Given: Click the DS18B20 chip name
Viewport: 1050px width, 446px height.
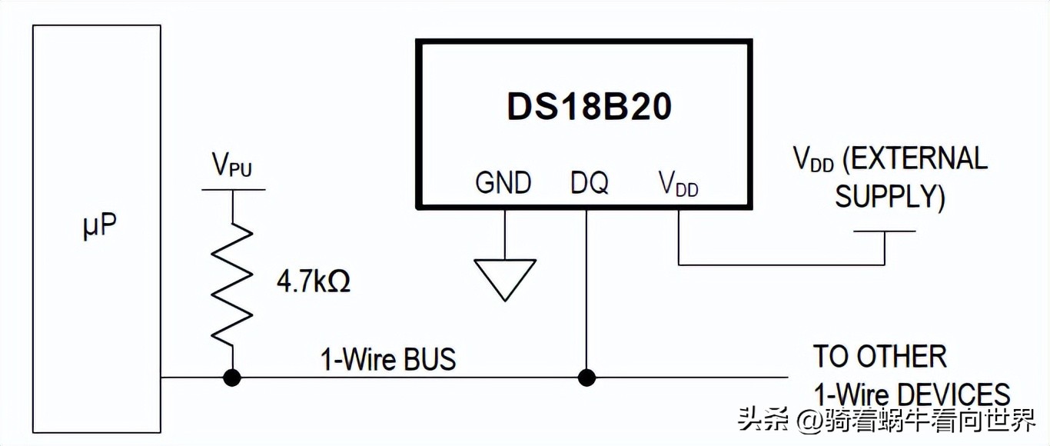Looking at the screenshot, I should [590, 107].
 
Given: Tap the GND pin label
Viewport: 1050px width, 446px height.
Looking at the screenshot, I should [503, 183].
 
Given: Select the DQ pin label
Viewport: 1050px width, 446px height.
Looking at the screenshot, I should [590, 183].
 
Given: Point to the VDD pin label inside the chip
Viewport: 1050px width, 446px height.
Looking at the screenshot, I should [678, 183].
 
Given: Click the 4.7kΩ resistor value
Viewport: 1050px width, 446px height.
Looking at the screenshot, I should [314, 282].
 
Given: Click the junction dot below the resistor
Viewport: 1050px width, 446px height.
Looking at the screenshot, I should [232, 378].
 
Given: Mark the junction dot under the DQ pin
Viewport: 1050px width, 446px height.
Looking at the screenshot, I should [586, 378].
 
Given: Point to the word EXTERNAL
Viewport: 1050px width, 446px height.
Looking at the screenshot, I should [915, 158].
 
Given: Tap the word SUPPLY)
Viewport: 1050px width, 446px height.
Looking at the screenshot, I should [889, 197].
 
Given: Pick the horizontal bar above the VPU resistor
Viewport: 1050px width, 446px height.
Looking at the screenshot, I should [232, 189].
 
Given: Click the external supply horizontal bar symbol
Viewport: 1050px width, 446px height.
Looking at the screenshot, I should [884, 231].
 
